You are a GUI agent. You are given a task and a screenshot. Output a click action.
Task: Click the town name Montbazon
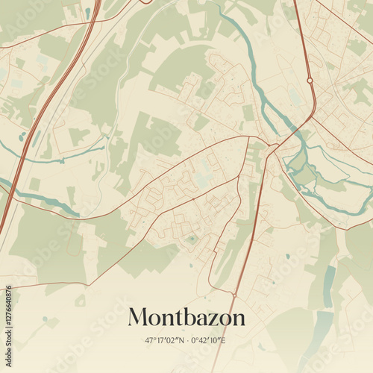pyautogui.click(x=186, y=317)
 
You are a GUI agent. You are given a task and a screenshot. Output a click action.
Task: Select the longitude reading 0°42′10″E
pyautogui.click(x=208, y=341)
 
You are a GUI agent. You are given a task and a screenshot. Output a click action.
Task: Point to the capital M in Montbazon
pyautogui.click(x=138, y=317)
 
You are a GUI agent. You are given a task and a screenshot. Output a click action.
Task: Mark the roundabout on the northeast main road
pyautogui.click(x=310, y=80)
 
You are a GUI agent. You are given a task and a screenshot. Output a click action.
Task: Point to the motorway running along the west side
pyautogui.click(x=45, y=112)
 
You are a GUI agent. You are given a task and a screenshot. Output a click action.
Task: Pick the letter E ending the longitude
pyautogui.click(x=223, y=341)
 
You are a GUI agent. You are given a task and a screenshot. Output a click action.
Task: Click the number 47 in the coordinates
pyautogui.click(x=149, y=341)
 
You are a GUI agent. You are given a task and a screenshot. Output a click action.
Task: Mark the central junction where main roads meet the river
pyautogui.click(x=273, y=145)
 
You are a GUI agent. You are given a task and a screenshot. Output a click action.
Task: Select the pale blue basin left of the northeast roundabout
pyautogui.click(x=295, y=97)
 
